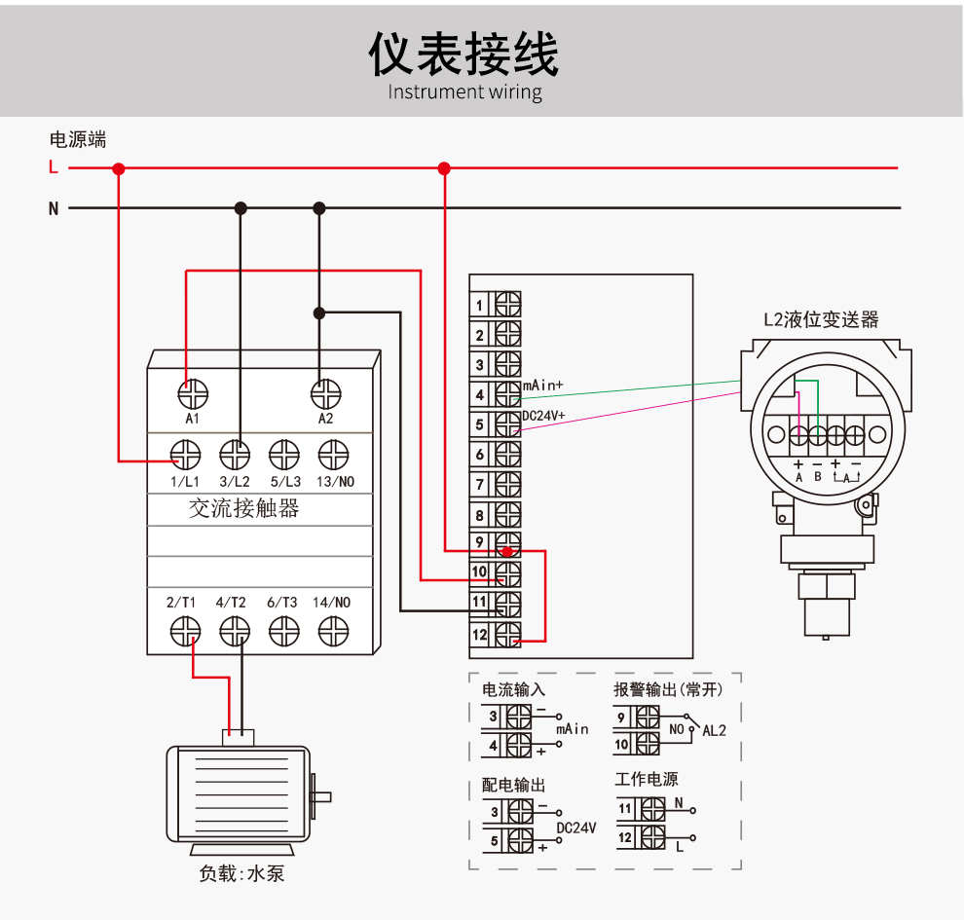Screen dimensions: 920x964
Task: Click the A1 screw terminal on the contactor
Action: [193, 394]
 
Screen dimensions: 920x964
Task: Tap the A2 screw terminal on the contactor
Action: [325, 394]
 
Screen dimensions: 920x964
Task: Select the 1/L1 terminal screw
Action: [185, 455]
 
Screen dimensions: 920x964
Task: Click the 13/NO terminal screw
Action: [333, 455]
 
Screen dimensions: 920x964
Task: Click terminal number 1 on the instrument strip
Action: [507, 305]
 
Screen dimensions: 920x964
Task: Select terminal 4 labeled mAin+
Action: [507, 394]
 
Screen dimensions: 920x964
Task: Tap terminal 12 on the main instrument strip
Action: [507, 634]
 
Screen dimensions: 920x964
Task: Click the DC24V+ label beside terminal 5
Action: [544, 416]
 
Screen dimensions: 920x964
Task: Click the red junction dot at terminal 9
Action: [506, 551]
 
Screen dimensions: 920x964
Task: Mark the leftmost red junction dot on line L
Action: [119, 168]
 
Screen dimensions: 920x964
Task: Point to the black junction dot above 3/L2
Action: [241, 207]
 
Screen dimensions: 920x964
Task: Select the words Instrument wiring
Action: [464, 92]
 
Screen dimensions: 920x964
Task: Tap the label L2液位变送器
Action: [820, 319]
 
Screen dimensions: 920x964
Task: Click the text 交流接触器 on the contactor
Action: [243, 508]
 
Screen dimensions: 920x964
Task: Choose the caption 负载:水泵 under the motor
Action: [241, 873]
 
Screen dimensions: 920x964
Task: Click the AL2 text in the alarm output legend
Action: [714, 730]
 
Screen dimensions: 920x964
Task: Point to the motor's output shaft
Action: [320, 796]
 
